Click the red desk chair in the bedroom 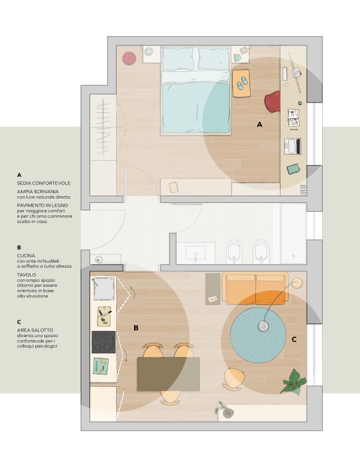tap(273, 101)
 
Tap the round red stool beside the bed tap(129, 58)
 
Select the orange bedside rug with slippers tap(241, 83)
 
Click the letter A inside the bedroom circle tap(259, 125)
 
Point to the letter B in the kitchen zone tap(136, 328)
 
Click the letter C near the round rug tap(294, 339)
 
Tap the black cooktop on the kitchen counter tap(104, 342)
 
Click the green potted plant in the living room tap(294, 382)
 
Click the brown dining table tap(168, 374)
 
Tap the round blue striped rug tap(258, 335)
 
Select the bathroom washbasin tap(196, 253)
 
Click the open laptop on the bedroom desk tap(293, 146)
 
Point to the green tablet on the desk tap(294, 169)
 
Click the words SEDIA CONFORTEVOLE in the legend tap(44, 183)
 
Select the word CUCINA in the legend tap(26, 256)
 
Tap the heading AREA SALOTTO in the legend tap(35, 330)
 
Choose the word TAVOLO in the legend tap(27, 275)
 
